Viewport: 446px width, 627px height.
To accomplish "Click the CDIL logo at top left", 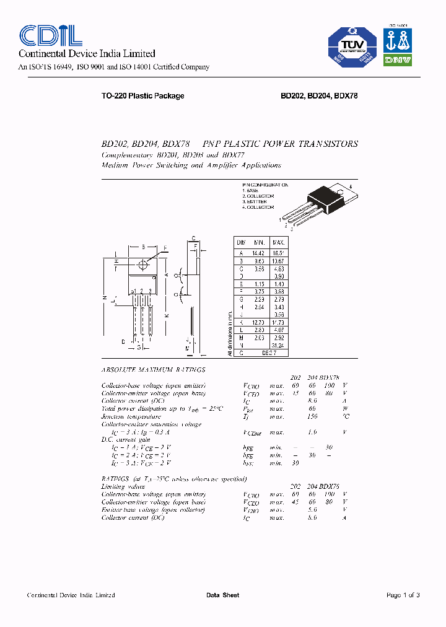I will pyautogui.click(x=51, y=35).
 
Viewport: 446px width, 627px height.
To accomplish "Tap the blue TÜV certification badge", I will pyautogui.click(x=351, y=46).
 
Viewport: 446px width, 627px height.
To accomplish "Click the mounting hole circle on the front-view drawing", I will pyautogui.click(x=144, y=265).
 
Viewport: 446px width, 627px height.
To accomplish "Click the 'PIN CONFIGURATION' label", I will pyautogui.click(x=265, y=185).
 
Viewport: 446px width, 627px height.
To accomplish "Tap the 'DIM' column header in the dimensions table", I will pyautogui.click(x=241, y=242).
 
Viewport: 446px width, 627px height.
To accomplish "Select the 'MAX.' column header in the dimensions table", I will pyautogui.click(x=279, y=242).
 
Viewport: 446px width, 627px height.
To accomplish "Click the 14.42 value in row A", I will pyautogui.click(x=258, y=253).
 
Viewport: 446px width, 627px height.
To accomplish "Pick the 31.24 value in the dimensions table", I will pyautogui.click(x=279, y=345).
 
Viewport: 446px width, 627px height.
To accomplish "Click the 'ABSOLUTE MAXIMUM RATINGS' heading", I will pyautogui.click(x=152, y=369).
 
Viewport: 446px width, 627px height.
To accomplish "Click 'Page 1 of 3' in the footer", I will pyautogui.click(x=403, y=595).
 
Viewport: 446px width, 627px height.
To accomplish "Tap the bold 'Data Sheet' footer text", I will pyautogui.click(x=222, y=595).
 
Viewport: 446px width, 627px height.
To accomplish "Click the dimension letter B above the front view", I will pyautogui.click(x=144, y=247).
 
